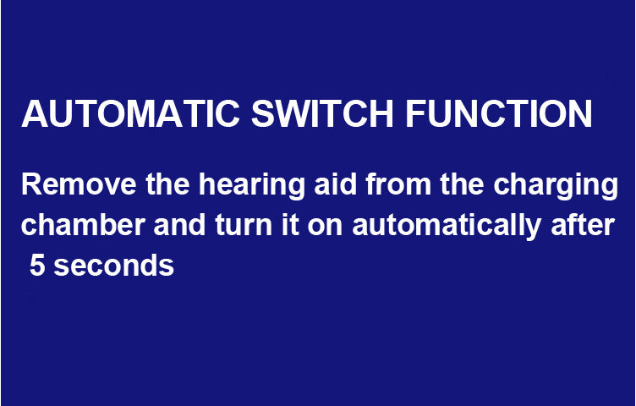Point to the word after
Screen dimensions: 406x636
click(x=579, y=225)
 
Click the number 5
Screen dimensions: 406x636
click(x=36, y=266)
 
